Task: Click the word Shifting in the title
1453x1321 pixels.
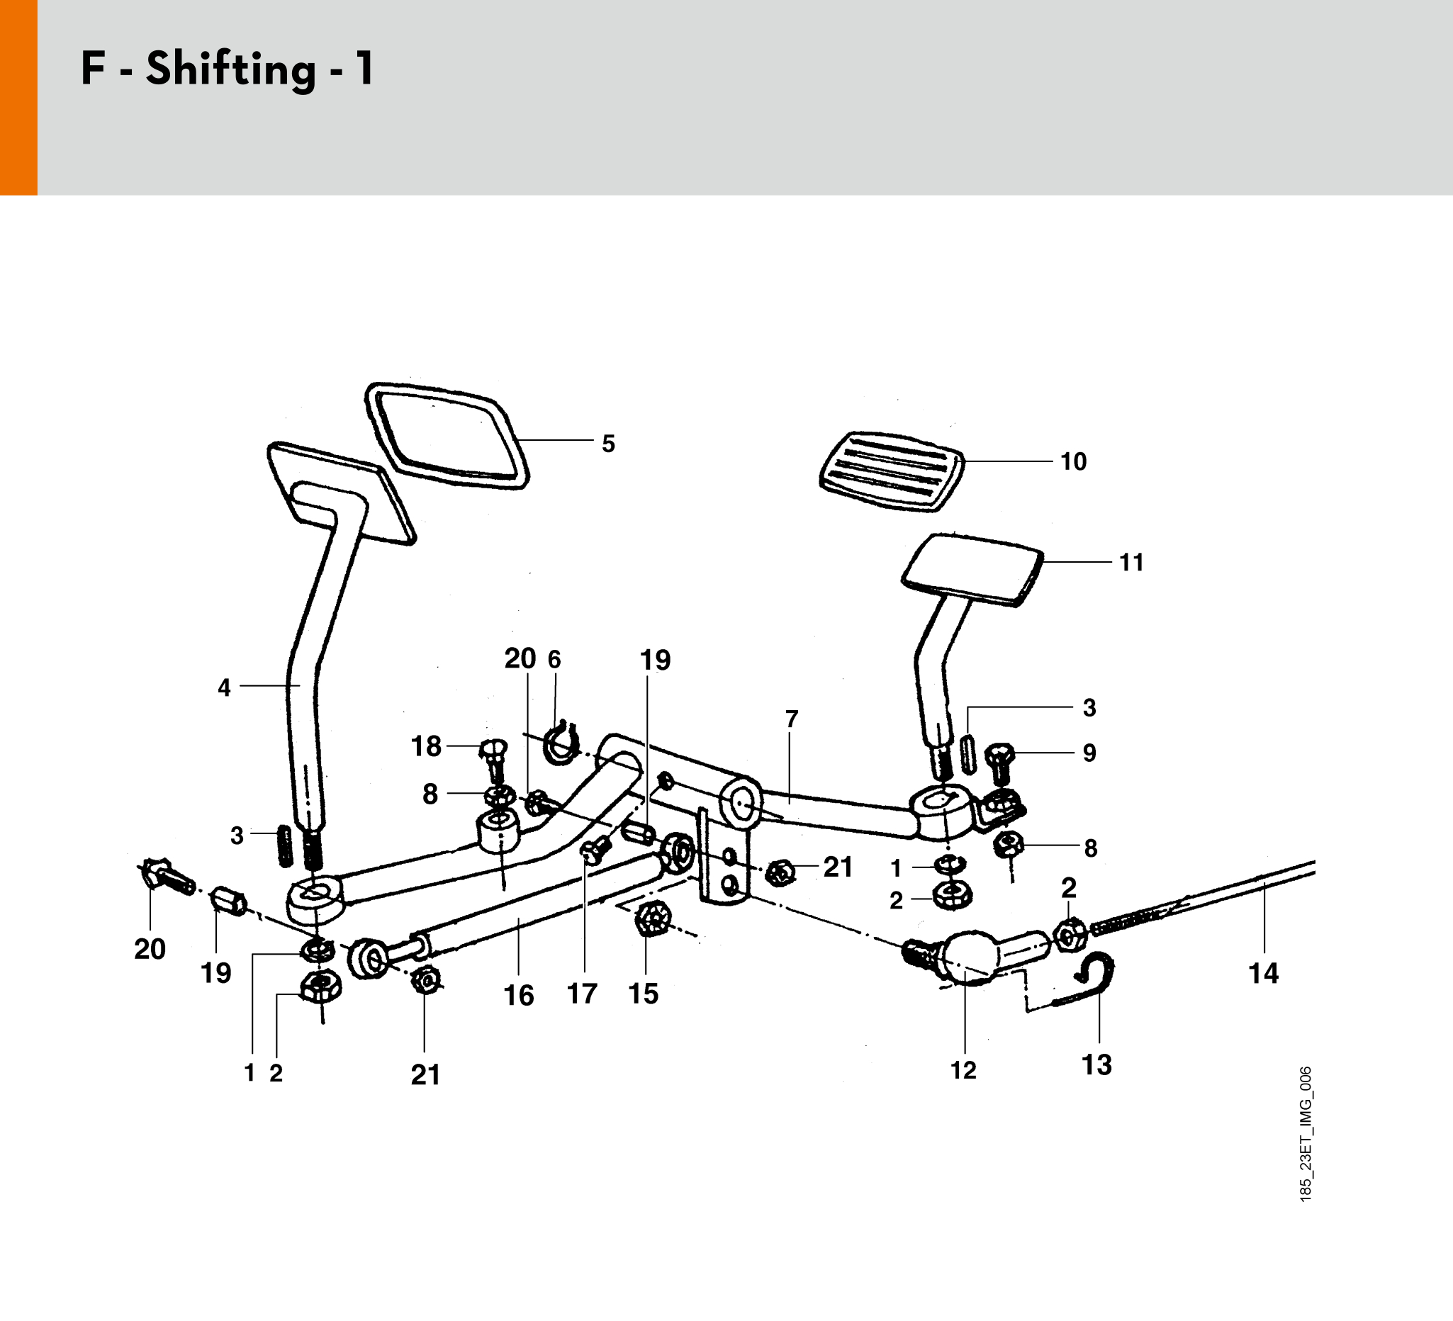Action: click(230, 70)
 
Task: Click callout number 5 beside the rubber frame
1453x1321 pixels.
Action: click(608, 444)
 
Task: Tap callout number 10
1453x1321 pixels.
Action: click(1073, 462)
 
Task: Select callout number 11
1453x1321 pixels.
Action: click(1131, 563)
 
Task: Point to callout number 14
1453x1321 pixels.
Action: click(1263, 974)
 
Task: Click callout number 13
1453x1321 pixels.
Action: click(1096, 1064)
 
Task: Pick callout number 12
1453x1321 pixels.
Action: click(963, 1070)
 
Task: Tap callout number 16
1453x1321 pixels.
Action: click(518, 996)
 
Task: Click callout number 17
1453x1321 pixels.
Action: click(582, 994)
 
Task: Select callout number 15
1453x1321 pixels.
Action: click(643, 994)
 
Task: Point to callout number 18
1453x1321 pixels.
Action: click(426, 747)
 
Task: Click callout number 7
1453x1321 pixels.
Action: click(792, 719)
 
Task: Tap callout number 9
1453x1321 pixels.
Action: click(1089, 753)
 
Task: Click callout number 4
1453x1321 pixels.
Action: click(224, 687)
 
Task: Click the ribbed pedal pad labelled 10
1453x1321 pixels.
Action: click(892, 471)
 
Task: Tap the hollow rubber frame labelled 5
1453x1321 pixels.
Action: click(447, 436)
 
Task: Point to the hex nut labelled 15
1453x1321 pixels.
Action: click(653, 918)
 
